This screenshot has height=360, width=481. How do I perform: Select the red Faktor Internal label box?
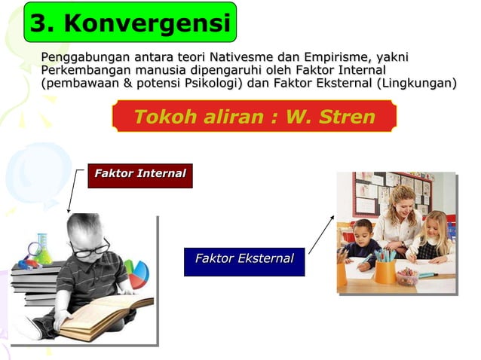point(139,175)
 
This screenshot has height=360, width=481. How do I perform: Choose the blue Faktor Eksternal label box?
point(244,261)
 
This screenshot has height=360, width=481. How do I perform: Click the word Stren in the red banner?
point(347,117)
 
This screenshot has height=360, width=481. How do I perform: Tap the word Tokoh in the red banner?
point(161,117)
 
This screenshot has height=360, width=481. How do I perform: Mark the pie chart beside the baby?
point(136,275)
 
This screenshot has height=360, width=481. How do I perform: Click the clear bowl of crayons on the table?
point(407,276)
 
